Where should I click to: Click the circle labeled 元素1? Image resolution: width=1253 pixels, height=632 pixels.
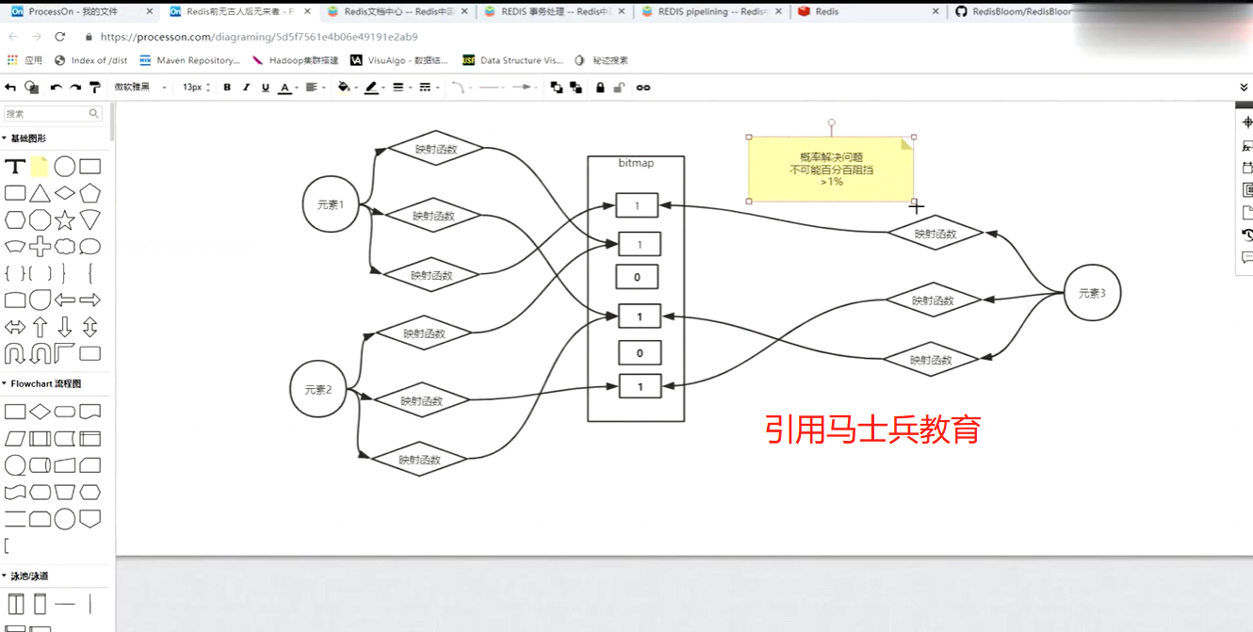(331, 204)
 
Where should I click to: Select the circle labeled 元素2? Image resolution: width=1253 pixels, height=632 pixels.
(318, 389)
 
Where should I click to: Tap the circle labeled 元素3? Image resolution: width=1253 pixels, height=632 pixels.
(1092, 293)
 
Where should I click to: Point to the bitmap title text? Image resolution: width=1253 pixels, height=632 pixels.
(636, 163)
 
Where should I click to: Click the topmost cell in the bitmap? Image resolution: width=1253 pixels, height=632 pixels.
(637, 205)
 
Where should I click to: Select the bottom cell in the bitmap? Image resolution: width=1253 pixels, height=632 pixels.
(640, 386)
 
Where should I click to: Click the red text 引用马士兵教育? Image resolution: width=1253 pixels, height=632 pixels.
(872, 429)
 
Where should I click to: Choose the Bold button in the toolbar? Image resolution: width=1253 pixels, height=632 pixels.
(227, 88)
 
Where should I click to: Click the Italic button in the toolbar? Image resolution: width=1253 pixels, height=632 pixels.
(246, 88)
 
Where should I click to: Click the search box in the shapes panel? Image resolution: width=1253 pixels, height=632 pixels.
(47, 113)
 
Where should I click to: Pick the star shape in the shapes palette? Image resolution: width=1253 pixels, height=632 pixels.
(65, 220)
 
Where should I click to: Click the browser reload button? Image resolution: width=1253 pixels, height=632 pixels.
(60, 37)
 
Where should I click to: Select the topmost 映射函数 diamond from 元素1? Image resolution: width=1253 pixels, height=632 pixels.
(435, 149)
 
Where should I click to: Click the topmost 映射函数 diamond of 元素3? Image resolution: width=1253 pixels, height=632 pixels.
(936, 234)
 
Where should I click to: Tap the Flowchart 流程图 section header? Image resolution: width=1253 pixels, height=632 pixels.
(45, 383)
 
